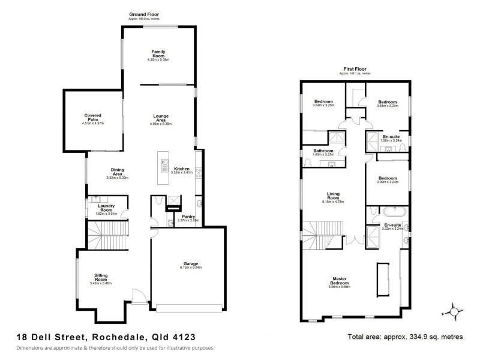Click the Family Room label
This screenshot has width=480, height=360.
(x=158, y=52)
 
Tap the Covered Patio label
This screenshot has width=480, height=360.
(x=92, y=116)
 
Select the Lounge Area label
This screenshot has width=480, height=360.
(x=160, y=118)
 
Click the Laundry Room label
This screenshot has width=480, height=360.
(x=106, y=207)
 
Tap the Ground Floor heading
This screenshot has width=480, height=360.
(x=144, y=13)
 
